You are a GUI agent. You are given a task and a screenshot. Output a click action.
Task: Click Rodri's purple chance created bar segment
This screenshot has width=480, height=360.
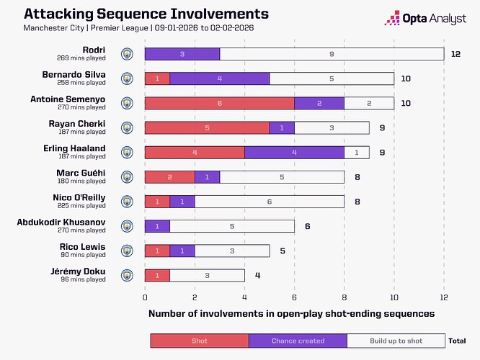click(182, 54)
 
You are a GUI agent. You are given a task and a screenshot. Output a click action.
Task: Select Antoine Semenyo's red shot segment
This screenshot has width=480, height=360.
click(219, 103)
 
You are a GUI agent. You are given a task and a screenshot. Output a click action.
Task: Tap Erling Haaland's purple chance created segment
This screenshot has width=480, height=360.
click(294, 152)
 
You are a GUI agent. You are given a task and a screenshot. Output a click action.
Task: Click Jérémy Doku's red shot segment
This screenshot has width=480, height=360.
click(157, 275)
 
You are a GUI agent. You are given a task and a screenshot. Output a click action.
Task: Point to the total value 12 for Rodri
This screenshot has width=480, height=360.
click(456, 54)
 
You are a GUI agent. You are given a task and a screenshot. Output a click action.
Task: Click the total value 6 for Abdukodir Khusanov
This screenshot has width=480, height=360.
click(307, 226)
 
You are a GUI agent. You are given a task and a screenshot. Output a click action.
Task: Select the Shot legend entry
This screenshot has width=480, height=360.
click(199, 341)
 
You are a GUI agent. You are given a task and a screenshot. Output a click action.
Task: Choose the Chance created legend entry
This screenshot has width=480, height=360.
click(298, 341)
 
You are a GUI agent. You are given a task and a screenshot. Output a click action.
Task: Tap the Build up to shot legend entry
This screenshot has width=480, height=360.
click(396, 341)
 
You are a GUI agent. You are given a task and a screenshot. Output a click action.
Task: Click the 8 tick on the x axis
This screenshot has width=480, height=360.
click(345, 297)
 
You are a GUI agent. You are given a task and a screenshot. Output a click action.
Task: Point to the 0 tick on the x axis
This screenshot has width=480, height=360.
click(145, 297)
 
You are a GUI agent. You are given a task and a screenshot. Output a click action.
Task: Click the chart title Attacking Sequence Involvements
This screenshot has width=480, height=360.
click(136, 14)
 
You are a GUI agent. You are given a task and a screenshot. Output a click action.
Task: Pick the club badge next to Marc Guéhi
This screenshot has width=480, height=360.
click(127, 176)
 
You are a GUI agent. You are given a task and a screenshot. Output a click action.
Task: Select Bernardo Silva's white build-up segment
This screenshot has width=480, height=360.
click(332, 78)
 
